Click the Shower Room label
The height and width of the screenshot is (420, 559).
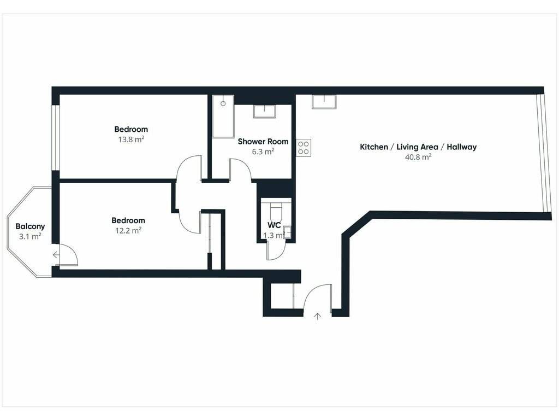pos(263,142)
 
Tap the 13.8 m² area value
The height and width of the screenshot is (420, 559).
pos(131,139)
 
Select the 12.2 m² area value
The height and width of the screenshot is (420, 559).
pos(128,231)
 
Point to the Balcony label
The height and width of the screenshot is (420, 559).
pos(31,226)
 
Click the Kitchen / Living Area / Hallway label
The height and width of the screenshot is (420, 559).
pos(418,147)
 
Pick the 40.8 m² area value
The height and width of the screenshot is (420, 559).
pos(418,157)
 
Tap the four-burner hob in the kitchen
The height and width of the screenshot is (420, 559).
pos(304,148)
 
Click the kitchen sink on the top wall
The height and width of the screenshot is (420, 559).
pos(324,101)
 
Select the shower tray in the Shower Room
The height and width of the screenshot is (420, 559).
pos(223,116)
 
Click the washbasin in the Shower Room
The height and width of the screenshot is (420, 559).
pos(265,111)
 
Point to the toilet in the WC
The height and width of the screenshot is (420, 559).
pos(276,212)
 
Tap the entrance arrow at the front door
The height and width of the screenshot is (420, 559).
pos(317,316)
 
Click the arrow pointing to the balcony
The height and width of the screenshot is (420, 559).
pos(56,255)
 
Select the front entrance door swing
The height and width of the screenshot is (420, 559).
pos(311,291)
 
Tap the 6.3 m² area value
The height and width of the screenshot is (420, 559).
pos(263,151)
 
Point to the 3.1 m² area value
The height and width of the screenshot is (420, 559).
pos(31,236)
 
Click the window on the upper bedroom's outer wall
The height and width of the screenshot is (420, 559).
pos(55,137)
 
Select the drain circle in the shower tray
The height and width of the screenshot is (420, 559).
pos(223,103)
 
